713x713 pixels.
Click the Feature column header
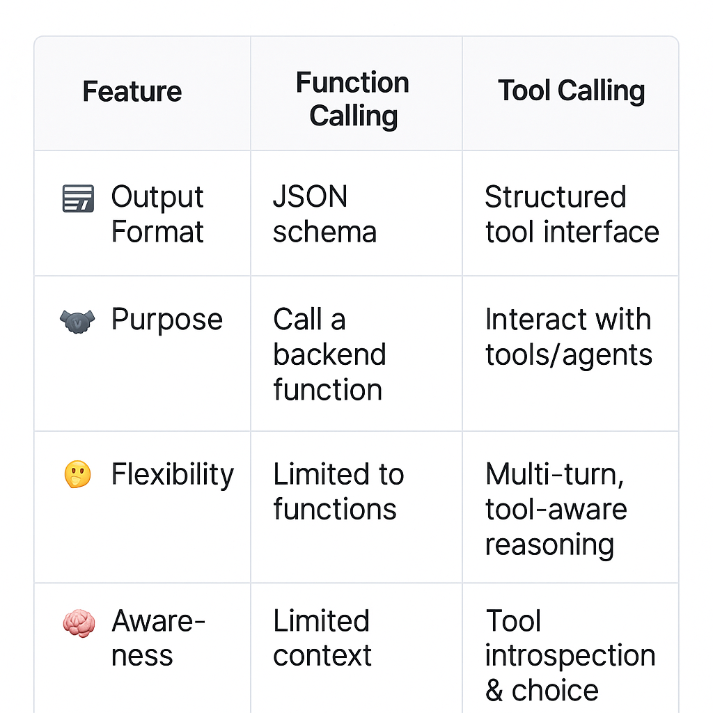(132, 92)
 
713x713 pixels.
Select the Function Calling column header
(353, 99)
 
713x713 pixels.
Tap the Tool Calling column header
(571, 91)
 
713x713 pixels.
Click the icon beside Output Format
(78, 198)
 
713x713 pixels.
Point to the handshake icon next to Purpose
(77, 321)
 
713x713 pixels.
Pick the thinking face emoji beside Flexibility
(77, 476)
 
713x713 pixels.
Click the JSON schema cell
(324, 214)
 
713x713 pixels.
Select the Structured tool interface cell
(572, 214)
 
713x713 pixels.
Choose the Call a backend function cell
(329, 354)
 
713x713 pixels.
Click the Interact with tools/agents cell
(568, 337)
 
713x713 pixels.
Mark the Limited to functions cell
(338, 492)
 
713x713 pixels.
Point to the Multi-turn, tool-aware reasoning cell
(556, 509)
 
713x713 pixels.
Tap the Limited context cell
(322, 638)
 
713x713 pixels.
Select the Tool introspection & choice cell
(570, 655)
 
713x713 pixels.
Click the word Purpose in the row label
(167, 320)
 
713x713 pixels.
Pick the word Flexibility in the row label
(173, 476)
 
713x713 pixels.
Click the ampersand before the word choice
(494, 691)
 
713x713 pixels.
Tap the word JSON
(310, 197)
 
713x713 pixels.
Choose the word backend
(329, 354)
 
